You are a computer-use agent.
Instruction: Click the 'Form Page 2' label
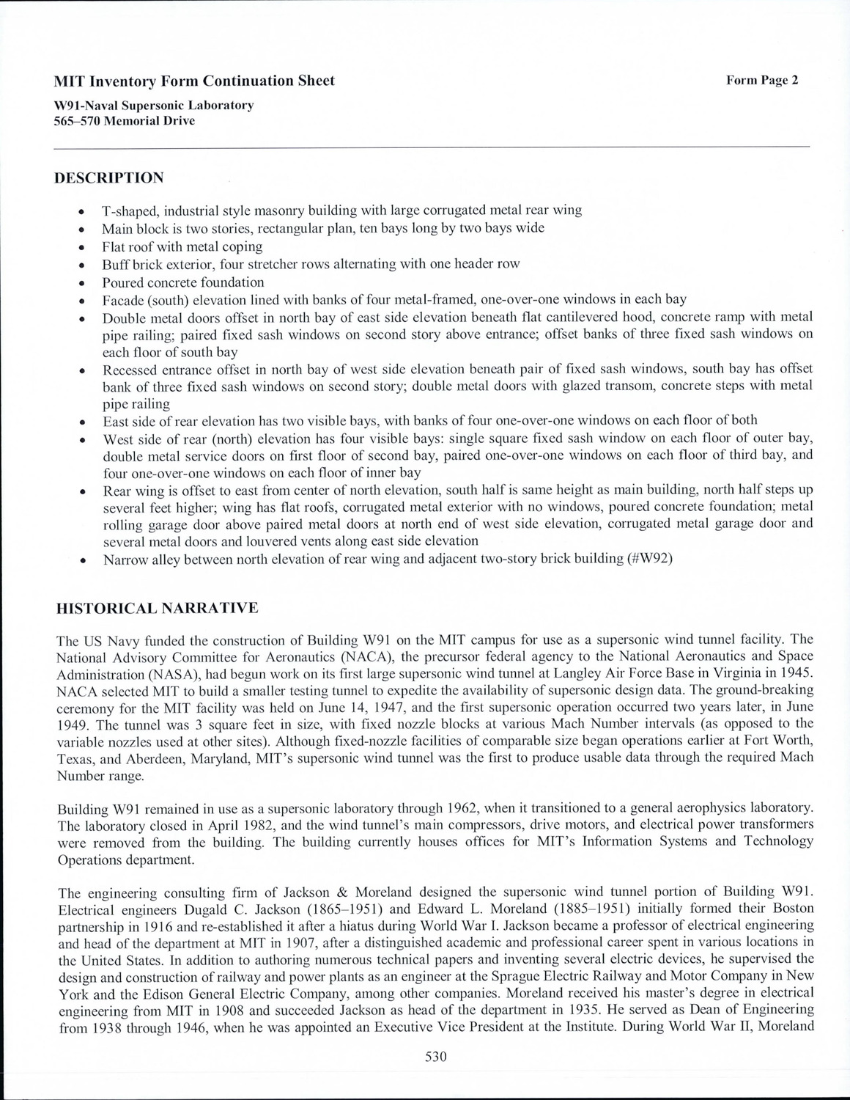point(762,81)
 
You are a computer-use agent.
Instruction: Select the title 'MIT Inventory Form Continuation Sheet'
point(195,81)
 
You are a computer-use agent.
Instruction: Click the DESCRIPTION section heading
point(109,178)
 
